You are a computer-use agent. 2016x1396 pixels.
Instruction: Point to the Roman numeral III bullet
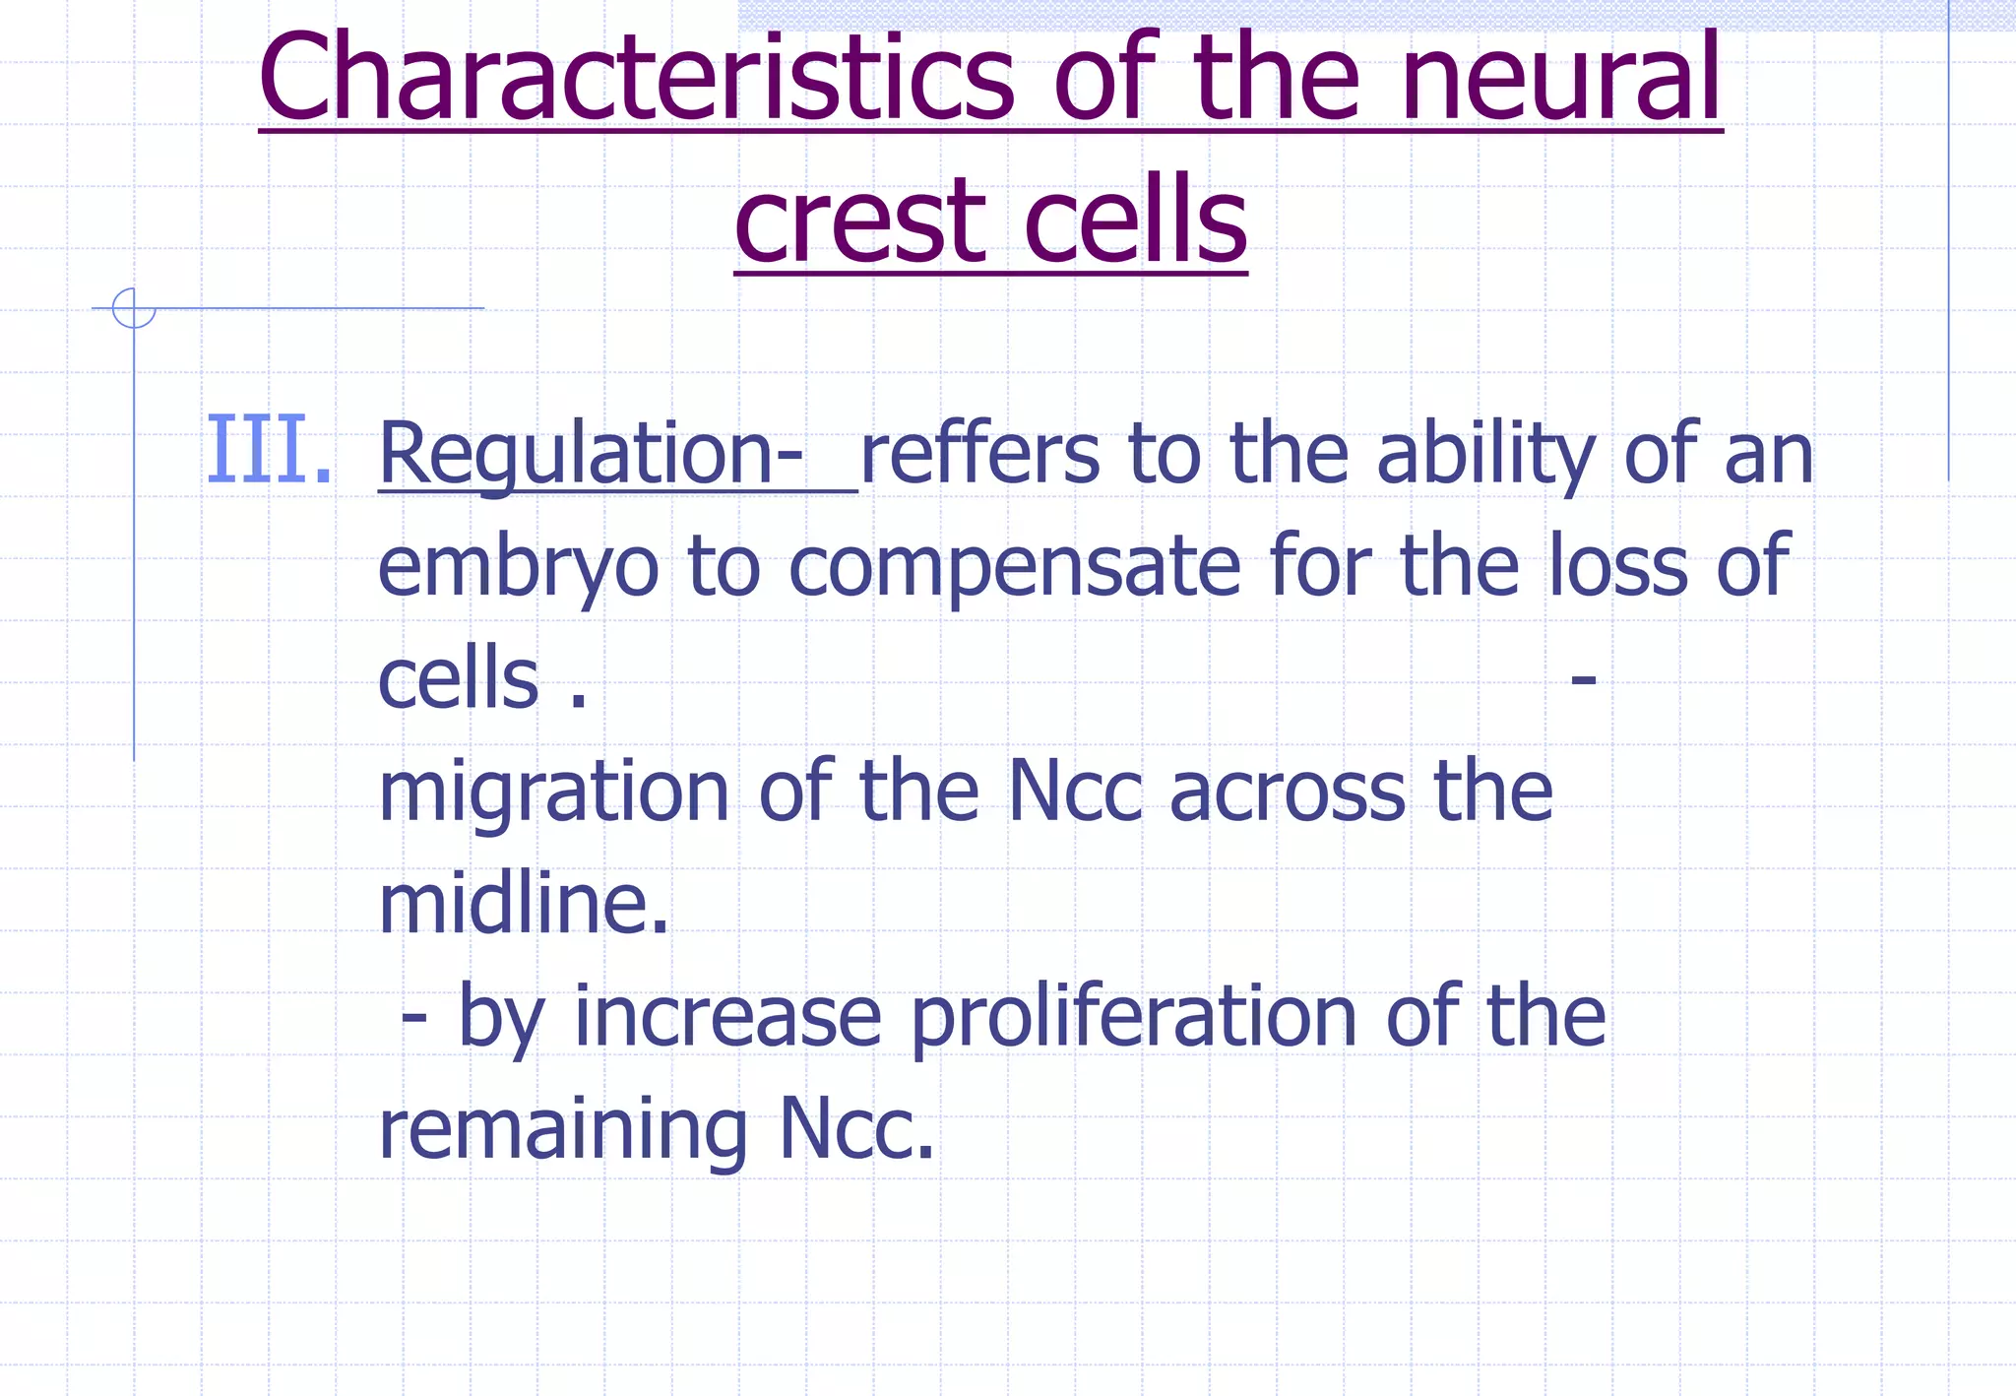pos(268,451)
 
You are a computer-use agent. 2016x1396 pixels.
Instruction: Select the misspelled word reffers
pos(979,454)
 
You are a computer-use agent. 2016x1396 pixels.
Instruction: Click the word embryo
pos(518,568)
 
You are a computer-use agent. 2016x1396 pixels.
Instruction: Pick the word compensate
pos(1015,568)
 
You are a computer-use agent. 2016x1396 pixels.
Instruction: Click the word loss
pos(1620,566)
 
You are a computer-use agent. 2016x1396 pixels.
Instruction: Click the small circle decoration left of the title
pos(134,308)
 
